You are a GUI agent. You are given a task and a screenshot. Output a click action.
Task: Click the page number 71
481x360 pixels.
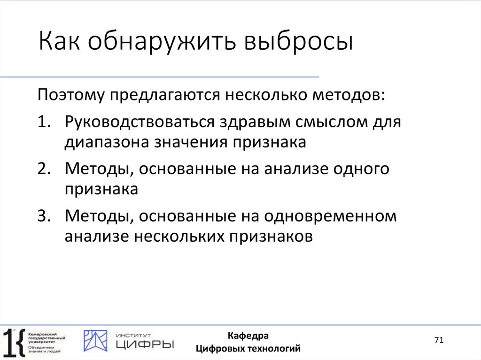pyautogui.click(x=439, y=340)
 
